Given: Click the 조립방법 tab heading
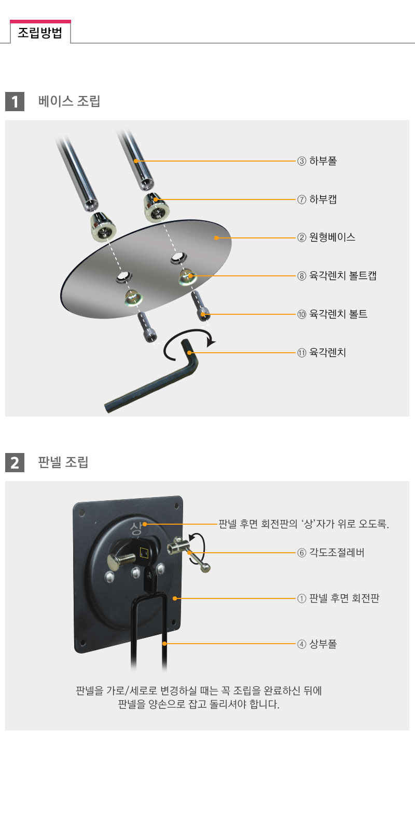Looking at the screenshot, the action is tap(40, 33).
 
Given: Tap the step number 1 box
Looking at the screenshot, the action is tap(15, 101).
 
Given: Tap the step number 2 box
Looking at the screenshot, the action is tap(15, 462).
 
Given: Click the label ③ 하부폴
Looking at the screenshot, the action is tap(317, 161).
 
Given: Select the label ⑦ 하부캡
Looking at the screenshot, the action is tap(317, 199).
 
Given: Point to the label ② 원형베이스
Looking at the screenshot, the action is tap(326, 237).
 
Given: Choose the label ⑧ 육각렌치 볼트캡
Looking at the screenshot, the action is tap(337, 276).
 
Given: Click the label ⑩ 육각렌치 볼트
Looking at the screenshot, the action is tap(333, 314).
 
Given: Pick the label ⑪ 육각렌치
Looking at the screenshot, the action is tap(322, 352).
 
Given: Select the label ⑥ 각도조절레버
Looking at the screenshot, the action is tap(331, 553).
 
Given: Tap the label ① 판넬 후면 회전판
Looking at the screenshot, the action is tap(338, 598).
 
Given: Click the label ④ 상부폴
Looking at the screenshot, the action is tap(317, 644).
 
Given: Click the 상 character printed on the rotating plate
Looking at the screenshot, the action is tap(136, 528).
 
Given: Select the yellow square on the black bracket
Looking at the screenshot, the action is tap(144, 552).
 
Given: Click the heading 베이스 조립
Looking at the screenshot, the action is tap(69, 101).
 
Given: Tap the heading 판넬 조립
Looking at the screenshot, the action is tap(63, 462).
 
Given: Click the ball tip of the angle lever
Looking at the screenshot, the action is tap(206, 568).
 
